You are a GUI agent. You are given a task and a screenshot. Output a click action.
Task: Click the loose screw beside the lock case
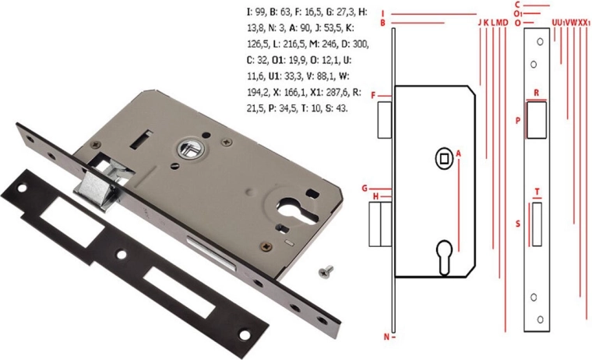pyautogui.click(x=326, y=271)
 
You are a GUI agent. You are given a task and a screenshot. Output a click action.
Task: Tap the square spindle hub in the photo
pyautogui.click(x=192, y=149)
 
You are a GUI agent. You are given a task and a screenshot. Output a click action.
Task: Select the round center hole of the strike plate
pyautogui.click(x=122, y=254)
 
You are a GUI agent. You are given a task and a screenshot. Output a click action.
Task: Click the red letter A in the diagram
pyautogui.click(x=458, y=154)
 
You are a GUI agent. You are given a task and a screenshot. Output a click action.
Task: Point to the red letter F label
pyautogui.click(x=373, y=96)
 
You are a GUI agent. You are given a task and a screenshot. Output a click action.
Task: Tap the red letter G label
pyautogui.click(x=365, y=188)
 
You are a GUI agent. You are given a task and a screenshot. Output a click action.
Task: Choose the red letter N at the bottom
pyautogui.click(x=386, y=337)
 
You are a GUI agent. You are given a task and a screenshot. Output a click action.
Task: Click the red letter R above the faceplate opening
pyautogui.click(x=536, y=93)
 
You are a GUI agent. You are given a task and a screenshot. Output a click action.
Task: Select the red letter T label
pyautogui.click(x=537, y=192)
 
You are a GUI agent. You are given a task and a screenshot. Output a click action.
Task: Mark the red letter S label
pyautogui.click(x=518, y=224)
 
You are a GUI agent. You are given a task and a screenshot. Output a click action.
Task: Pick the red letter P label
pyautogui.click(x=518, y=121)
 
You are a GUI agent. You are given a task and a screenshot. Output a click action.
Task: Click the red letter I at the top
pyautogui.click(x=382, y=13)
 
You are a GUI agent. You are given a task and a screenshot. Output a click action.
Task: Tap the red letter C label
pyautogui.click(x=518, y=5)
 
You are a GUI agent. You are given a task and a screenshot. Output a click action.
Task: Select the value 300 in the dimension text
pyautogui.click(x=360, y=44)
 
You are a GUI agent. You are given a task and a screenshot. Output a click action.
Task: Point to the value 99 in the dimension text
pyautogui.click(x=259, y=12)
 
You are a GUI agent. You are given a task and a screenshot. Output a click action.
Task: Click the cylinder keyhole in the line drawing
pyautogui.click(x=444, y=257)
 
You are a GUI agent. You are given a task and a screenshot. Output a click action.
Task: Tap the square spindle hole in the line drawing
pyautogui.click(x=444, y=159)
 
